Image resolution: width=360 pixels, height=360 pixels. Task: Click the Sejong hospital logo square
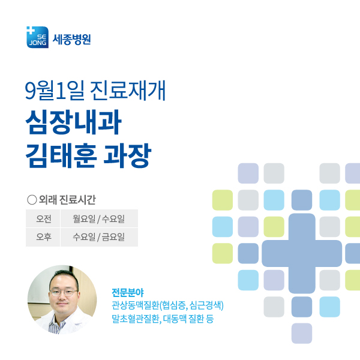click(x=38, y=37)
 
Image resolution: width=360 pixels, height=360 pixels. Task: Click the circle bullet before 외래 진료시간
click(x=32, y=199)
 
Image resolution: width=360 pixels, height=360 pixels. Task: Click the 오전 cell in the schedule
click(x=44, y=218)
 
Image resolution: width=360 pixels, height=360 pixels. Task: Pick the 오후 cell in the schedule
click(x=44, y=237)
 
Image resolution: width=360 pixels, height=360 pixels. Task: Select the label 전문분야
click(x=128, y=292)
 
